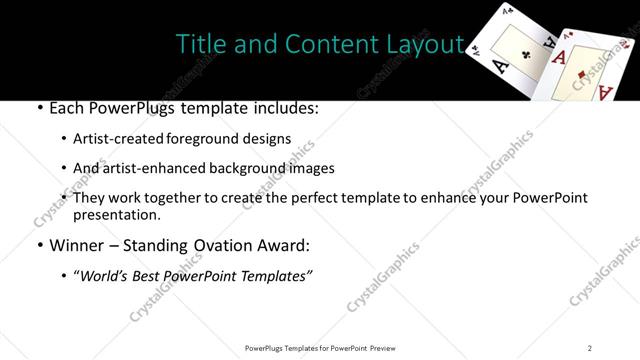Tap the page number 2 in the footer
(x=590, y=347)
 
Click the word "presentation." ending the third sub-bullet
(x=117, y=214)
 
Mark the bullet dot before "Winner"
(x=38, y=246)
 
